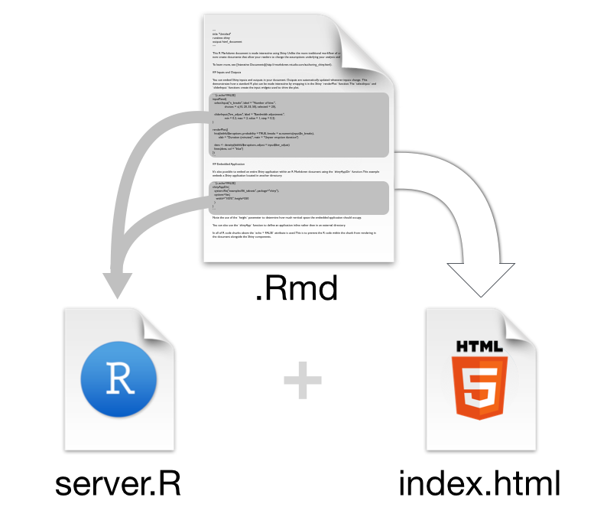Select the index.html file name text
(x=480, y=483)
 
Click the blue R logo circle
(x=118, y=379)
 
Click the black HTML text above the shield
(x=480, y=346)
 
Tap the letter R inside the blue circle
(x=119, y=379)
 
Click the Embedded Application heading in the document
(x=232, y=164)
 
